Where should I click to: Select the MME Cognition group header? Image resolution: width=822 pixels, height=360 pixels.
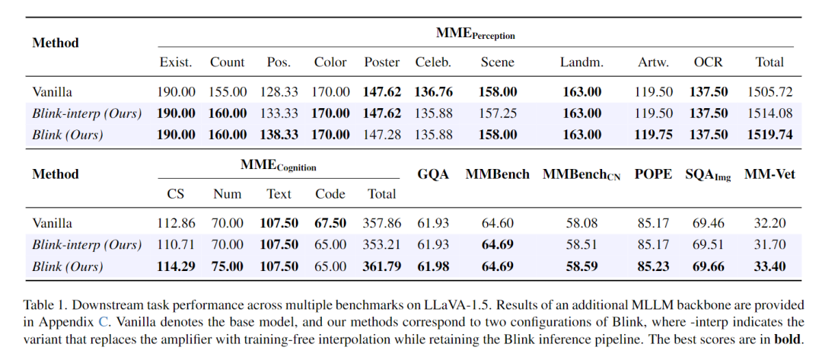coord(278,165)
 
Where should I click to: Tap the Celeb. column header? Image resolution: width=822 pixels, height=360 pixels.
coord(433,62)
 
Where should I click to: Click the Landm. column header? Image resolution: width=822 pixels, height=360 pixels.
coord(581,62)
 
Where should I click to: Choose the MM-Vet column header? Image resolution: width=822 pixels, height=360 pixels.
coord(769,174)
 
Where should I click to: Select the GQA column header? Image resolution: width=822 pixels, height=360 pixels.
coord(433,174)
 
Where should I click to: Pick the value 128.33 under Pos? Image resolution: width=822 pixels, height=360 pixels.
coord(279,92)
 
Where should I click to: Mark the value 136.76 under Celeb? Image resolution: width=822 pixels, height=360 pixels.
coord(433,92)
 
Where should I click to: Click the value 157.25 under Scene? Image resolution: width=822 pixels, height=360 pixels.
coord(497,113)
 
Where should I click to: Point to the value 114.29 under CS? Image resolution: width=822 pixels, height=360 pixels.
coord(176,267)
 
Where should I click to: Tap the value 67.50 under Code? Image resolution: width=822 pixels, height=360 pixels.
coord(331,224)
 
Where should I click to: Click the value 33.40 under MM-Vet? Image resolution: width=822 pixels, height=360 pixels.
coord(769,267)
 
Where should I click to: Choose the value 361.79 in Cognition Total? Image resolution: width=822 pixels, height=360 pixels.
coord(382,267)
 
